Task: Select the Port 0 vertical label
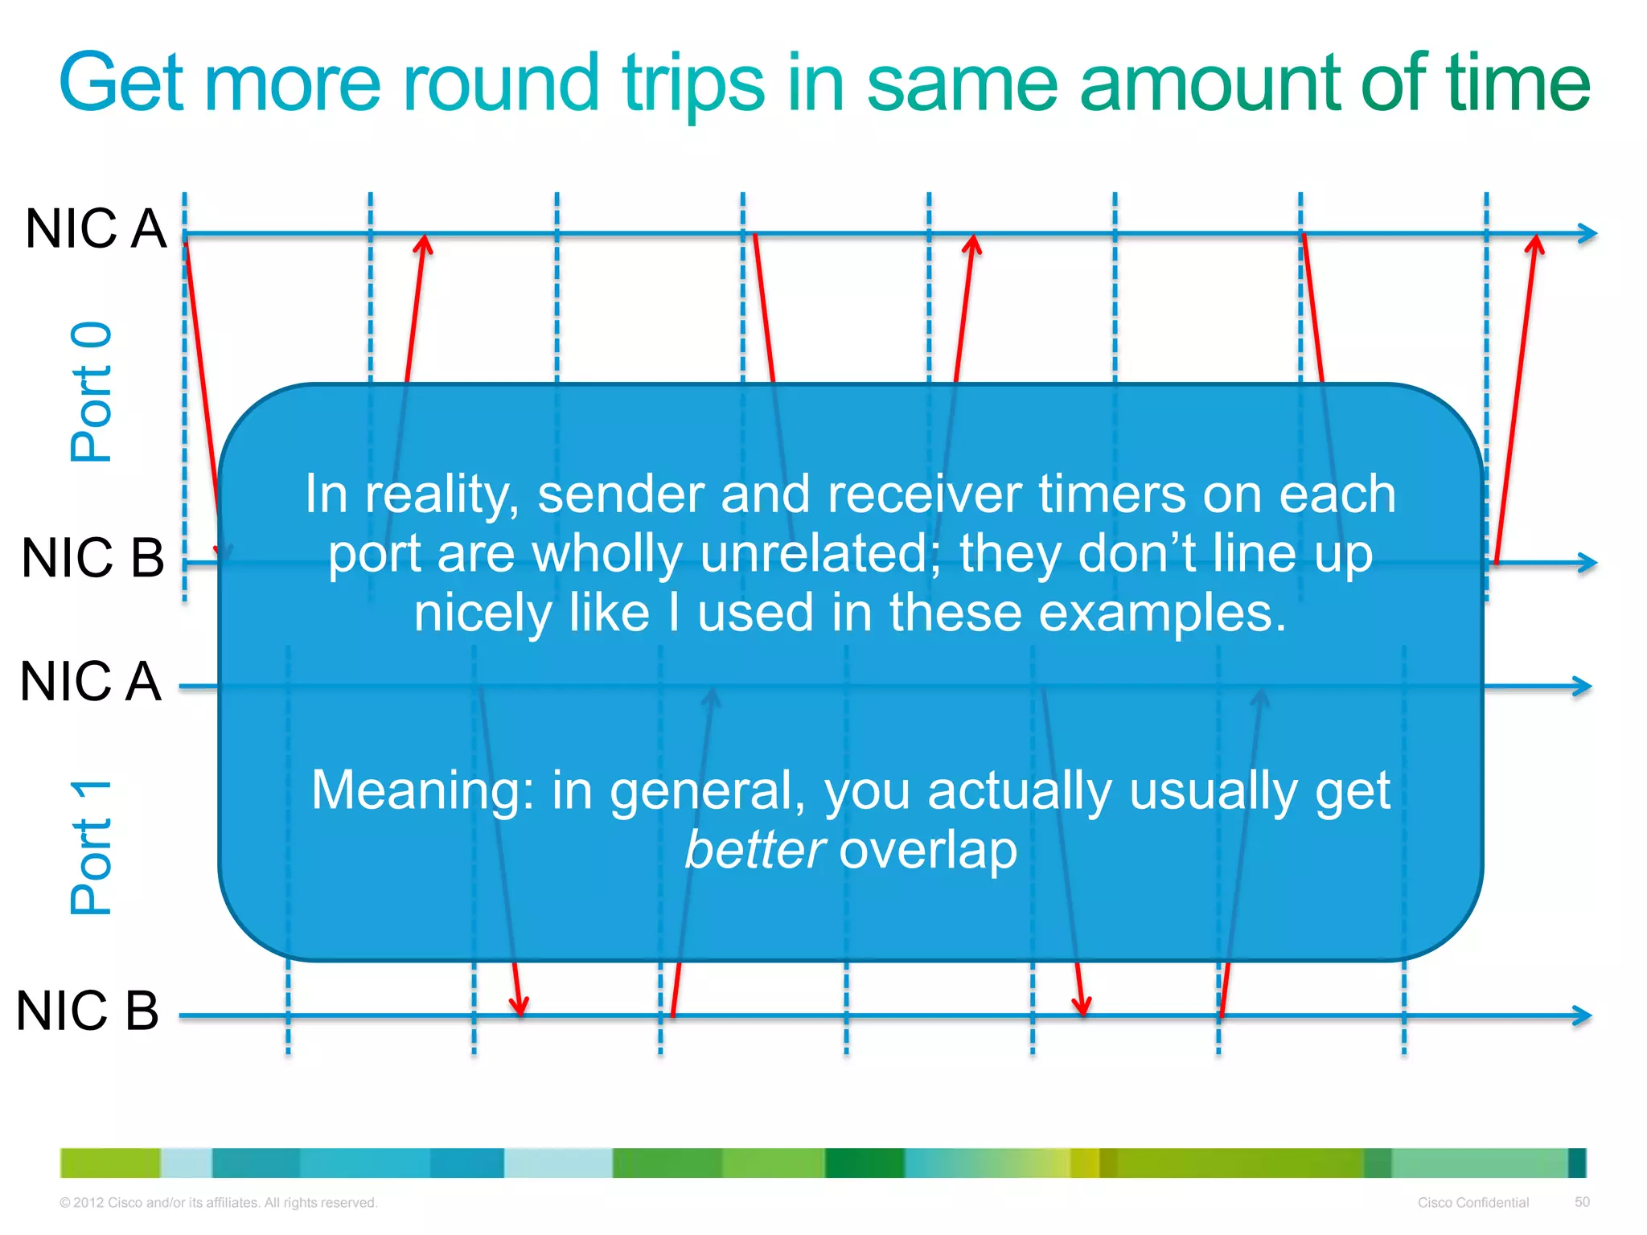(91, 392)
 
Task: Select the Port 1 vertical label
(91, 847)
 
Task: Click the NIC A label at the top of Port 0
(95, 228)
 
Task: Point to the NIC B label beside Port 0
(92, 557)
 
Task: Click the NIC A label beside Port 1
(90, 682)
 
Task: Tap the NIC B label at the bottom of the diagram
(88, 1011)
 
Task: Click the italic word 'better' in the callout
(754, 850)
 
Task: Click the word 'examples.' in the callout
(1162, 613)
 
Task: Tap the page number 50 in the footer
(1582, 1201)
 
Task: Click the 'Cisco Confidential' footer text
(1472, 1202)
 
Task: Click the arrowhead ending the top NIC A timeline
(1587, 233)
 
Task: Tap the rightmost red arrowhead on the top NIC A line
(1535, 242)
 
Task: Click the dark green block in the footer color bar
(864, 1163)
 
